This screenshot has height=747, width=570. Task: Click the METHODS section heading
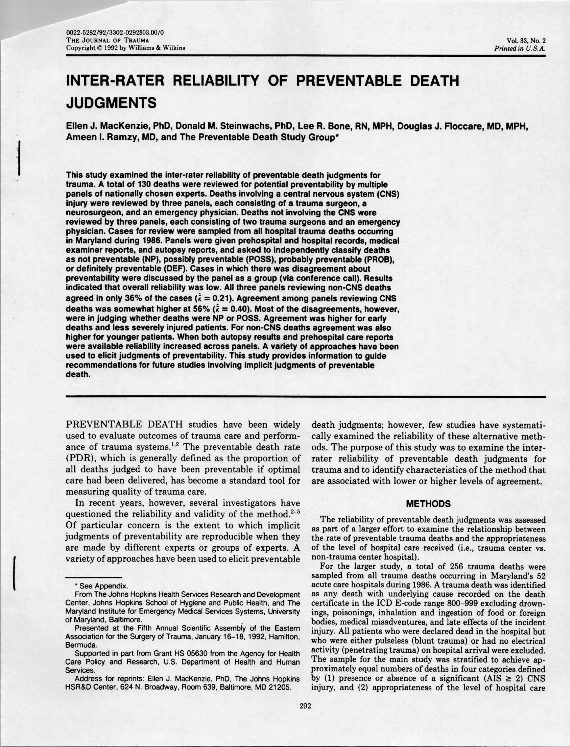(428, 504)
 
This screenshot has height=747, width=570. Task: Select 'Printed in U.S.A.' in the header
(520, 48)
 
